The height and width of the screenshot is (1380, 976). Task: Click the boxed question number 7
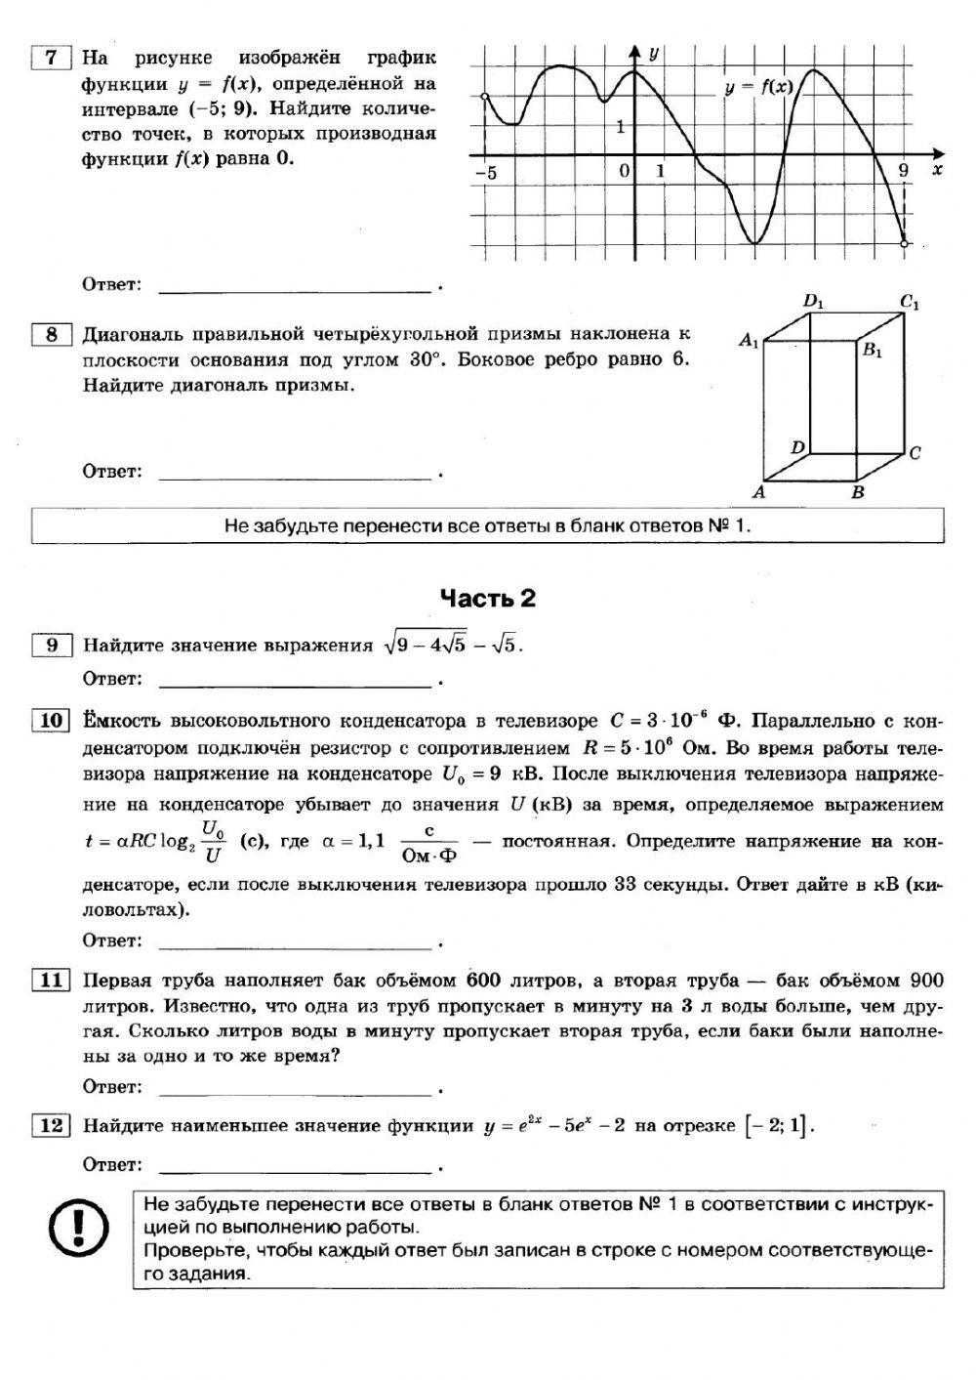tap(52, 58)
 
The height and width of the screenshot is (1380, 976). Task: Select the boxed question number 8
tap(52, 335)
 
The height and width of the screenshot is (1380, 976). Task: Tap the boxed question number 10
tap(51, 721)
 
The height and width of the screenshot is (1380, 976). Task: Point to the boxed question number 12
tap(51, 1125)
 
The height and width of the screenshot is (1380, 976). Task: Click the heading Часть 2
tap(488, 598)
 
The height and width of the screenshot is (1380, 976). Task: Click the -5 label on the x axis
tap(485, 172)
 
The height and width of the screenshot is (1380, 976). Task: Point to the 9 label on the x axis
tap(903, 171)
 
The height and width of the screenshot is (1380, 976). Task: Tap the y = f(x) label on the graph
tap(758, 87)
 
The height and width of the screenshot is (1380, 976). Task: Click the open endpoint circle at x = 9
tap(905, 243)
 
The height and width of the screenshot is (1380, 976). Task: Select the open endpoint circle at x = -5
tap(485, 96)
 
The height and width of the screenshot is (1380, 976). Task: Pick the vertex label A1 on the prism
tap(749, 340)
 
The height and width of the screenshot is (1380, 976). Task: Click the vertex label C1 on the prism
tap(910, 303)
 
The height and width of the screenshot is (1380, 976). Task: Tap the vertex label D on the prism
tap(797, 447)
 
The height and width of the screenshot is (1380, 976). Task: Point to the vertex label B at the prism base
tap(858, 492)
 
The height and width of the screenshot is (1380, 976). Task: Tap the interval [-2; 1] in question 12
tap(778, 1126)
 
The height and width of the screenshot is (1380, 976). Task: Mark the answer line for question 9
tap(294, 681)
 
